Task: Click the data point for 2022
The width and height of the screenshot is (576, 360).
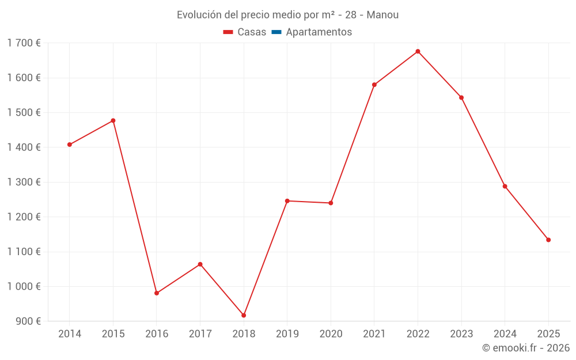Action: pyautogui.click(x=418, y=51)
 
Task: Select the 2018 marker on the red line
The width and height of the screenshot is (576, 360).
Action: pyautogui.click(x=244, y=315)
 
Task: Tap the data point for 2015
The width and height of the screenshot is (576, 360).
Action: pyautogui.click(x=113, y=120)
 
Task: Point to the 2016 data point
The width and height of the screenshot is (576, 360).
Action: pyautogui.click(x=157, y=293)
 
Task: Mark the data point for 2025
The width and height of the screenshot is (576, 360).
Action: pyautogui.click(x=548, y=240)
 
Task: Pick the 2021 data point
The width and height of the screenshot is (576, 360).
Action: pyautogui.click(x=374, y=85)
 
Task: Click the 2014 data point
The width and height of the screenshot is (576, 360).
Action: pyautogui.click(x=70, y=145)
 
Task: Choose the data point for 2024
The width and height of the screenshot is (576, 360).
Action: pyautogui.click(x=505, y=186)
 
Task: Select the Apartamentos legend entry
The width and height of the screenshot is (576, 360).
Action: pyautogui.click(x=319, y=32)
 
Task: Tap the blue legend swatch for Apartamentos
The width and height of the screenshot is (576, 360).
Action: pyautogui.click(x=276, y=32)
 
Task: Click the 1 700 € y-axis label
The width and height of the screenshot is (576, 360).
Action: pyautogui.click(x=24, y=43)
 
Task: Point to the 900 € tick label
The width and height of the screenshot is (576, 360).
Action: pyautogui.click(x=28, y=321)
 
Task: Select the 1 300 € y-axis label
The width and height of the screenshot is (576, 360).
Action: pyautogui.click(x=24, y=182)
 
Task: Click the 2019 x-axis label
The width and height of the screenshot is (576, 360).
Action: pyautogui.click(x=287, y=334)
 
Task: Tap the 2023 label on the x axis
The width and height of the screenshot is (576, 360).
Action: pyautogui.click(x=461, y=334)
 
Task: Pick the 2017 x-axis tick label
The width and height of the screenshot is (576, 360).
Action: pyautogui.click(x=200, y=334)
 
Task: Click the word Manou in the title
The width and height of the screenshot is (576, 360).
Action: pyautogui.click(x=382, y=14)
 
